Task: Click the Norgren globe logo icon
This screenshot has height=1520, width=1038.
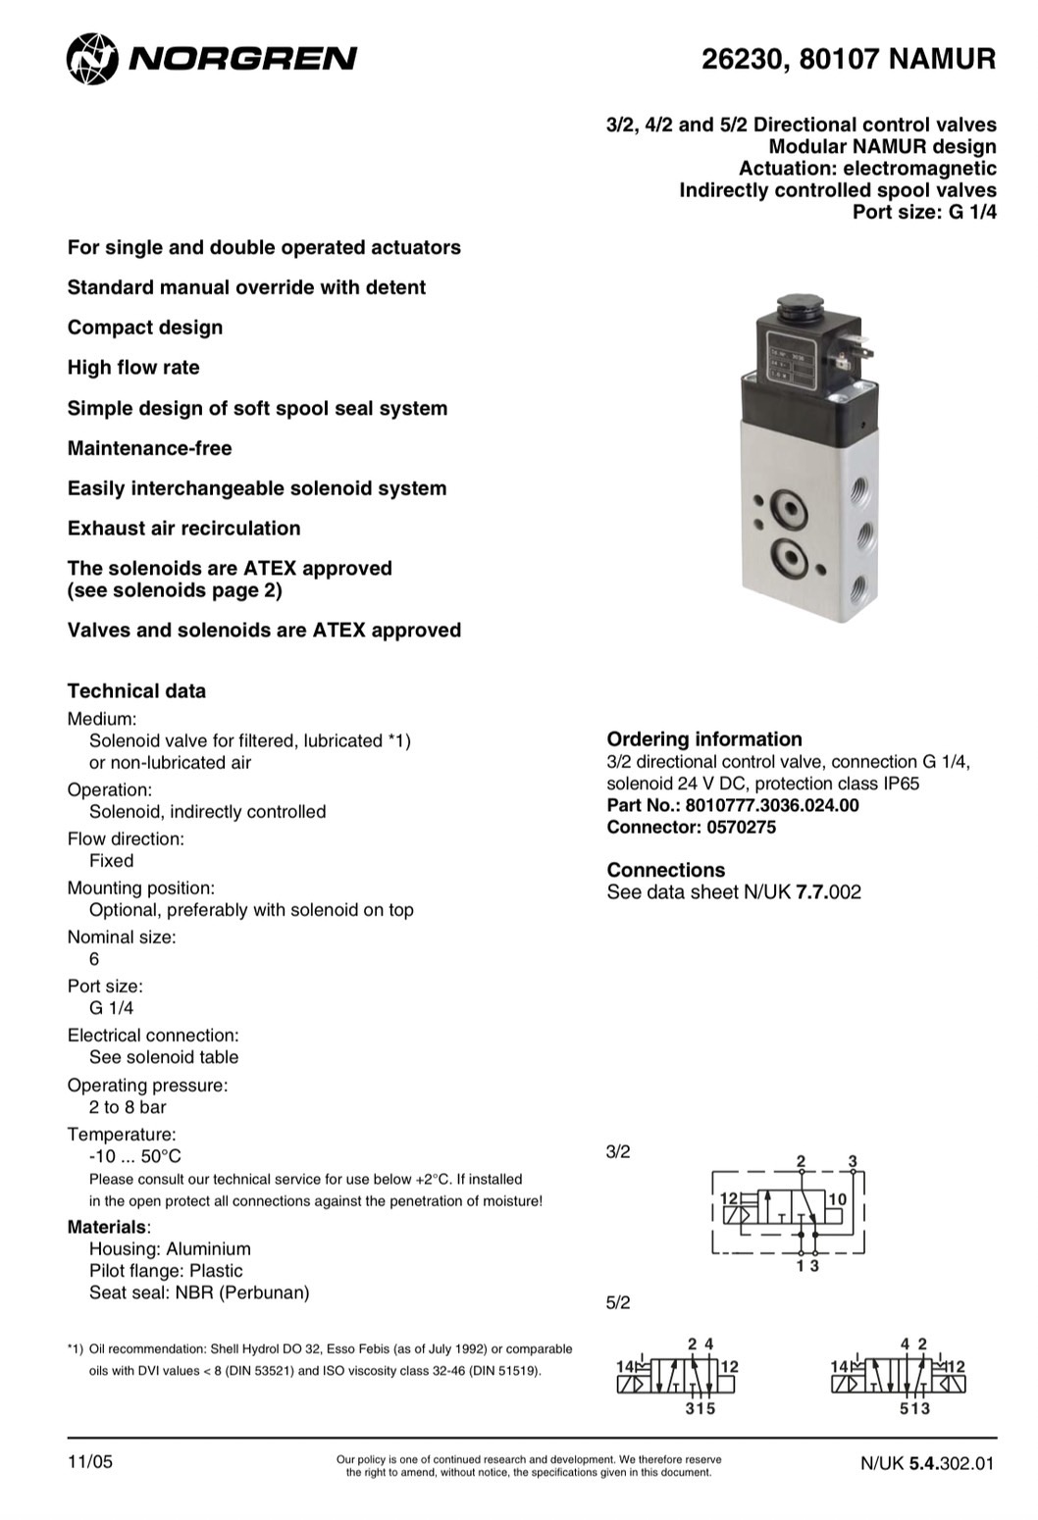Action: coord(91,58)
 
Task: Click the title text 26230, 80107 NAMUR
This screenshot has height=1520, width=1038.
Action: coord(848,60)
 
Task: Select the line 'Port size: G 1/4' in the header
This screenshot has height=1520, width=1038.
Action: coord(923,212)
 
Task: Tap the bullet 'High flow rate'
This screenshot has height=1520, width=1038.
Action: coord(133,368)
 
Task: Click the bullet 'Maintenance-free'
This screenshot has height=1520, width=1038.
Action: coord(149,448)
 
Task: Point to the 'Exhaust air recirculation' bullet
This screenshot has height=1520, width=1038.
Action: coord(183,529)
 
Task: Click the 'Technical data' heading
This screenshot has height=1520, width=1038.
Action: coord(136,690)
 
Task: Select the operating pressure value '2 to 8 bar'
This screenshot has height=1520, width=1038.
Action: coord(128,1107)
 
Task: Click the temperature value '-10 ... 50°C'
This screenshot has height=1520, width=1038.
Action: coord(135,1156)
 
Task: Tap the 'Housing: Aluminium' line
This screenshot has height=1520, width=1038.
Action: coord(170,1248)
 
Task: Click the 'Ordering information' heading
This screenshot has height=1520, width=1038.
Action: coord(703,738)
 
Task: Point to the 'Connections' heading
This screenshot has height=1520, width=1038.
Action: coord(665,870)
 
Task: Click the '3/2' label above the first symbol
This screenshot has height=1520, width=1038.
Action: coord(618,1151)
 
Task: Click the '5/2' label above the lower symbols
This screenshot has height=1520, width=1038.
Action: coord(618,1302)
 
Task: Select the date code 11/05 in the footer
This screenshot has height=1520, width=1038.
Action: coord(90,1462)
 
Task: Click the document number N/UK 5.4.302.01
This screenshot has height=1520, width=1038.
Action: coord(926,1463)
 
